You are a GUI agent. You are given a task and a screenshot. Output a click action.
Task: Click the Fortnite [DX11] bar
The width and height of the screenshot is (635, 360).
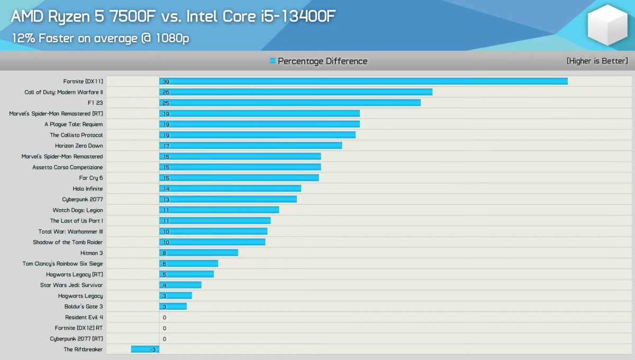[363, 82]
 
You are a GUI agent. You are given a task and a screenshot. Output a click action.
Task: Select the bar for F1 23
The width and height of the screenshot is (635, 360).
[290, 103]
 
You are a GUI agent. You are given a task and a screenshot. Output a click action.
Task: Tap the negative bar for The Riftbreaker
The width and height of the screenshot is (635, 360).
[145, 349]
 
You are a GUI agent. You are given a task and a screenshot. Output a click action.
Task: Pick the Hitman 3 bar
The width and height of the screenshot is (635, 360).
[198, 253]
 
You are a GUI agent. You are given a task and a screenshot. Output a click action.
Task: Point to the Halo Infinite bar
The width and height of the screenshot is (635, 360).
[230, 188]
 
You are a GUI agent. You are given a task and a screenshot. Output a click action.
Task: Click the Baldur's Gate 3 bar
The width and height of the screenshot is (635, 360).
[173, 307]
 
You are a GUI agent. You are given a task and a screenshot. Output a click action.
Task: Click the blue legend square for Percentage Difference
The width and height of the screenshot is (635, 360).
[273, 61]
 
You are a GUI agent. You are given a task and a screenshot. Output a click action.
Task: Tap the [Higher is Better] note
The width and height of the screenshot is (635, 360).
[597, 61]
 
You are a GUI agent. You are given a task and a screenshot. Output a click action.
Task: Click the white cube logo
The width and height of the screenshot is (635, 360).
[607, 25]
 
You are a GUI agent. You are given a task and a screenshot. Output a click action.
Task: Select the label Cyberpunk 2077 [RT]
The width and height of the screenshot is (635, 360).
[77, 339]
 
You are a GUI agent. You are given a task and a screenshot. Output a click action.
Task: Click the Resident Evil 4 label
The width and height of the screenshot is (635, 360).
[84, 317]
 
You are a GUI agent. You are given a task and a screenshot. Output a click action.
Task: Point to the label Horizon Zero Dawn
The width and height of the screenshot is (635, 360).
[79, 146]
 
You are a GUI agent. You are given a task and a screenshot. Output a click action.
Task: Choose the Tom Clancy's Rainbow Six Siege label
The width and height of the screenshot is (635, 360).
[62, 264]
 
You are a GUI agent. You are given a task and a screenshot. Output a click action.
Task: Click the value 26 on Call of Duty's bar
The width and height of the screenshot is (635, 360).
[166, 92]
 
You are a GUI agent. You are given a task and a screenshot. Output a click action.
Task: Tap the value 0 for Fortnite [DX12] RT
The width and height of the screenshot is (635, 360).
[165, 328]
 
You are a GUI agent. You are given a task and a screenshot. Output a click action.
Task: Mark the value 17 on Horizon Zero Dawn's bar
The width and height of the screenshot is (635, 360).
[166, 146]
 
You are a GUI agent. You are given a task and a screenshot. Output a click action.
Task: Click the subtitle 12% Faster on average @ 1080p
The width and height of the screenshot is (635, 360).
[100, 38]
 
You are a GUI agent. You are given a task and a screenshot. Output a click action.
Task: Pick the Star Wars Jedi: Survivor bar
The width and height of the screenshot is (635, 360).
[180, 285]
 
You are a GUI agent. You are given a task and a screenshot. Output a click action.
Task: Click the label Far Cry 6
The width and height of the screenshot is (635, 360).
[91, 178]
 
